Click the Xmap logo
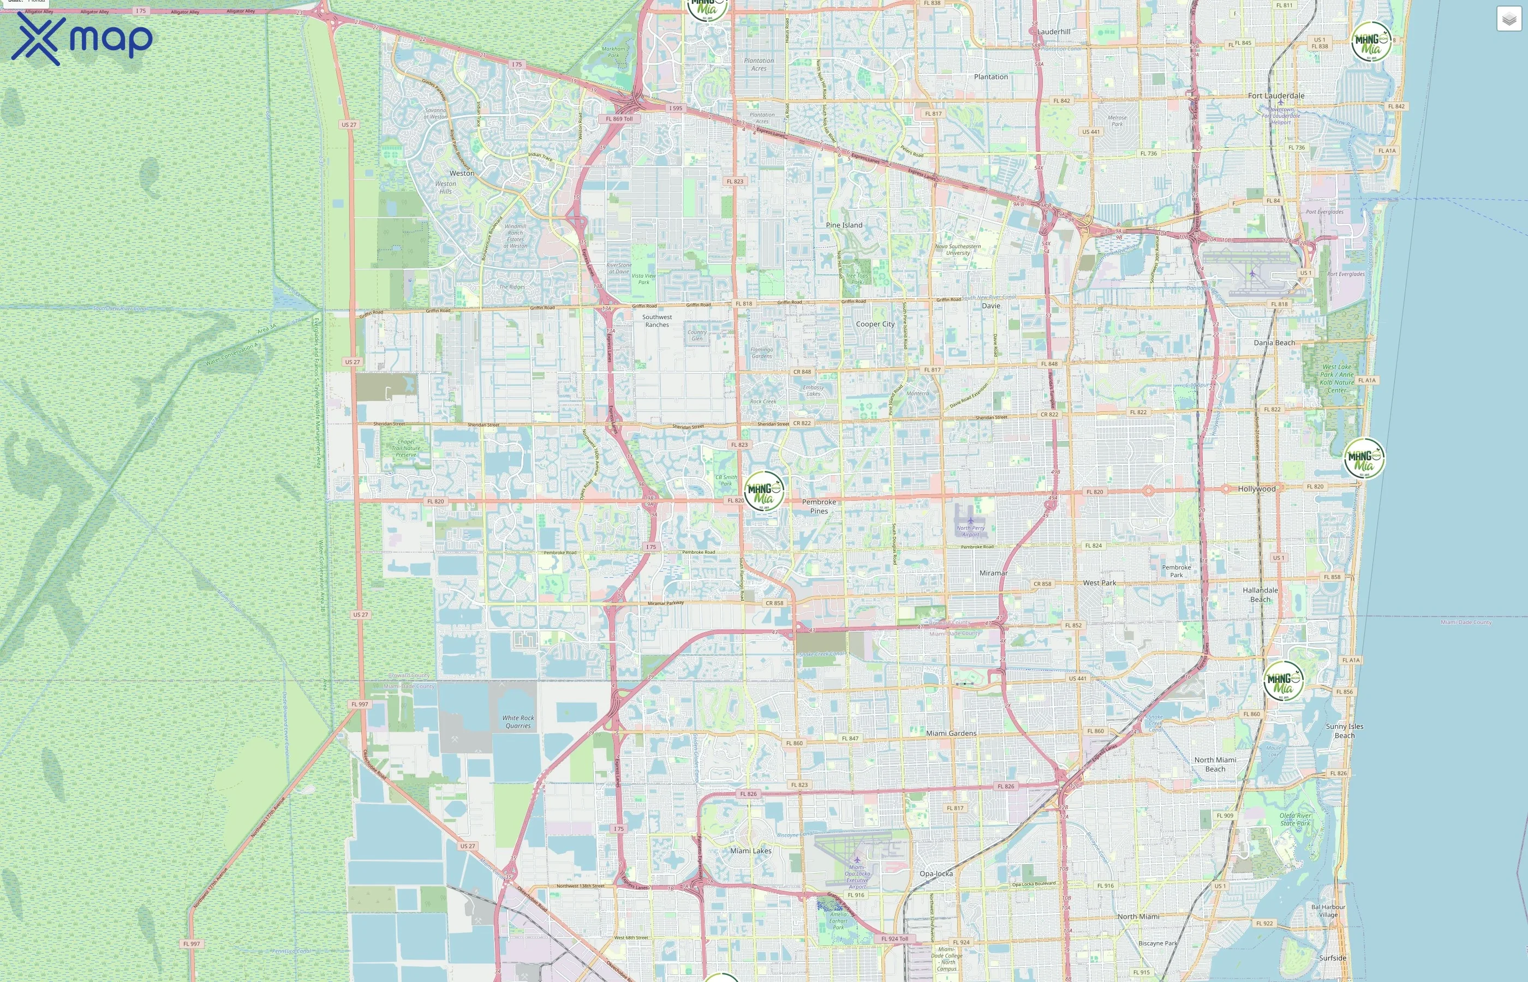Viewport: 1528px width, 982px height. [x=82, y=39]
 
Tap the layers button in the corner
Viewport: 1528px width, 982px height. [x=1508, y=19]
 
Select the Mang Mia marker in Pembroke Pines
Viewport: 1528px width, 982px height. [x=763, y=491]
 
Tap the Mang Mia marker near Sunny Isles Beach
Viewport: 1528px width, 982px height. [x=1283, y=680]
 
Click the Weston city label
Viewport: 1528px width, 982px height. [x=462, y=173]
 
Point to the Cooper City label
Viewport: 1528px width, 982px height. [x=875, y=324]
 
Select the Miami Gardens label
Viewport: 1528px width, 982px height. [x=951, y=733]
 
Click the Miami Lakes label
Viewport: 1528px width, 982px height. [x=750, y=851]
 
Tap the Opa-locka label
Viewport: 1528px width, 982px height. [x=935, y=873]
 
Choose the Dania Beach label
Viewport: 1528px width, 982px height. [x=1274, y=343]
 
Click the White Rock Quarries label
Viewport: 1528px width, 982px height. [x=518, y=722]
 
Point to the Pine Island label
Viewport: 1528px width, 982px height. [x=844, y=225]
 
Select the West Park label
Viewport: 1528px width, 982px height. [x=1100, y=583]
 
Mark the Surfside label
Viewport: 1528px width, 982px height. [x=1332, y=958]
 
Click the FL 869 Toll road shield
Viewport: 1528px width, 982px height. [x=619, y=118]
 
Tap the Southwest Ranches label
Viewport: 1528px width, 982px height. [x=657, y=321]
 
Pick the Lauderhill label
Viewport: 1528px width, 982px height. [x=1054, y=32]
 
